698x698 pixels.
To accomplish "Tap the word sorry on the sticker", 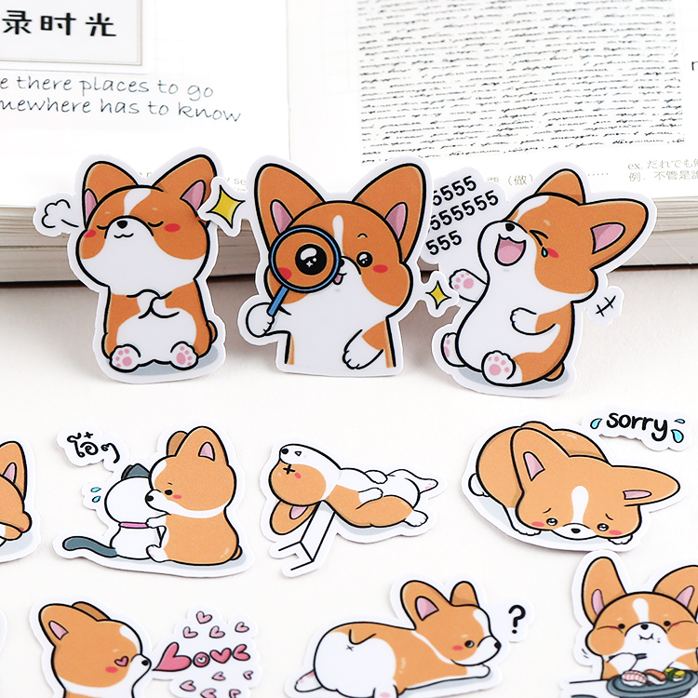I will (638, 424).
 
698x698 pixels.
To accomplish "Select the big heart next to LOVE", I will (173, 658).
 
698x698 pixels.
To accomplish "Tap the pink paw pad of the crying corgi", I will (498, 366).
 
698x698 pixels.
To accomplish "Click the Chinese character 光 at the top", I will (101, 22).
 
